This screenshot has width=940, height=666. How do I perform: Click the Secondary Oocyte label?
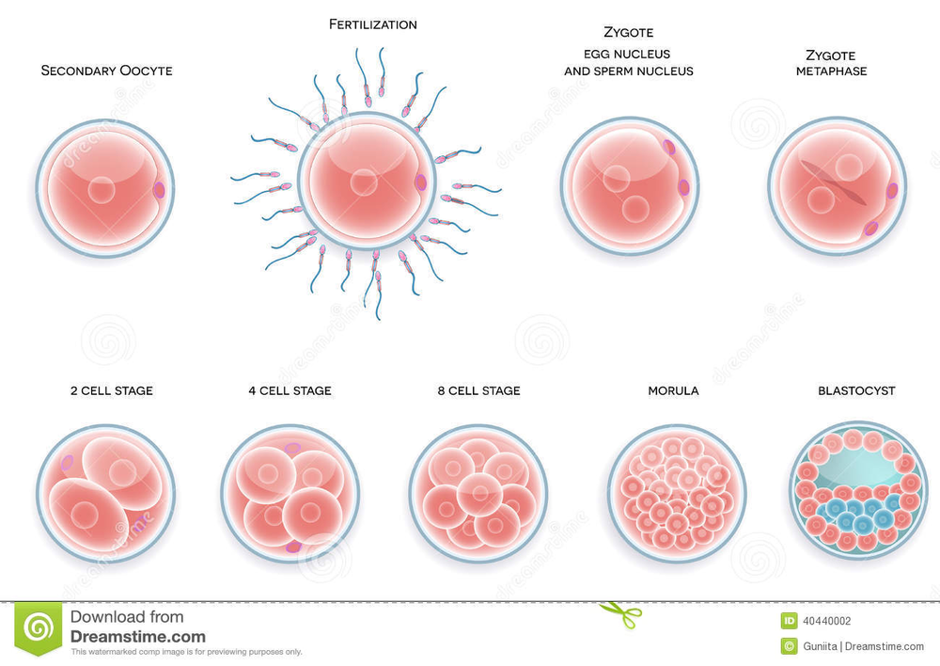point(106,71)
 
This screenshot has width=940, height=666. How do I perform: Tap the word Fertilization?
point(372,24)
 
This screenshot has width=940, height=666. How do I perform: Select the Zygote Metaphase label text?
point(831,63)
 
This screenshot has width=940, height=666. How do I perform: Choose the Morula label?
point(673,390)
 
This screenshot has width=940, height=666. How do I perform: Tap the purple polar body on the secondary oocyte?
point(159,190)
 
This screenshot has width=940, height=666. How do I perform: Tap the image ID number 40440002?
point(827,620)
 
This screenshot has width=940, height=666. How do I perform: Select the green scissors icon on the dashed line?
point(620,614)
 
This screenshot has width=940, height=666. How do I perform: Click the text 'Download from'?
point(127,617)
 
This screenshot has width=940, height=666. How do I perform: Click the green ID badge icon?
point(790,620)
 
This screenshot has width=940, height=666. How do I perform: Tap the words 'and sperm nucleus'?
point(628,71)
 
